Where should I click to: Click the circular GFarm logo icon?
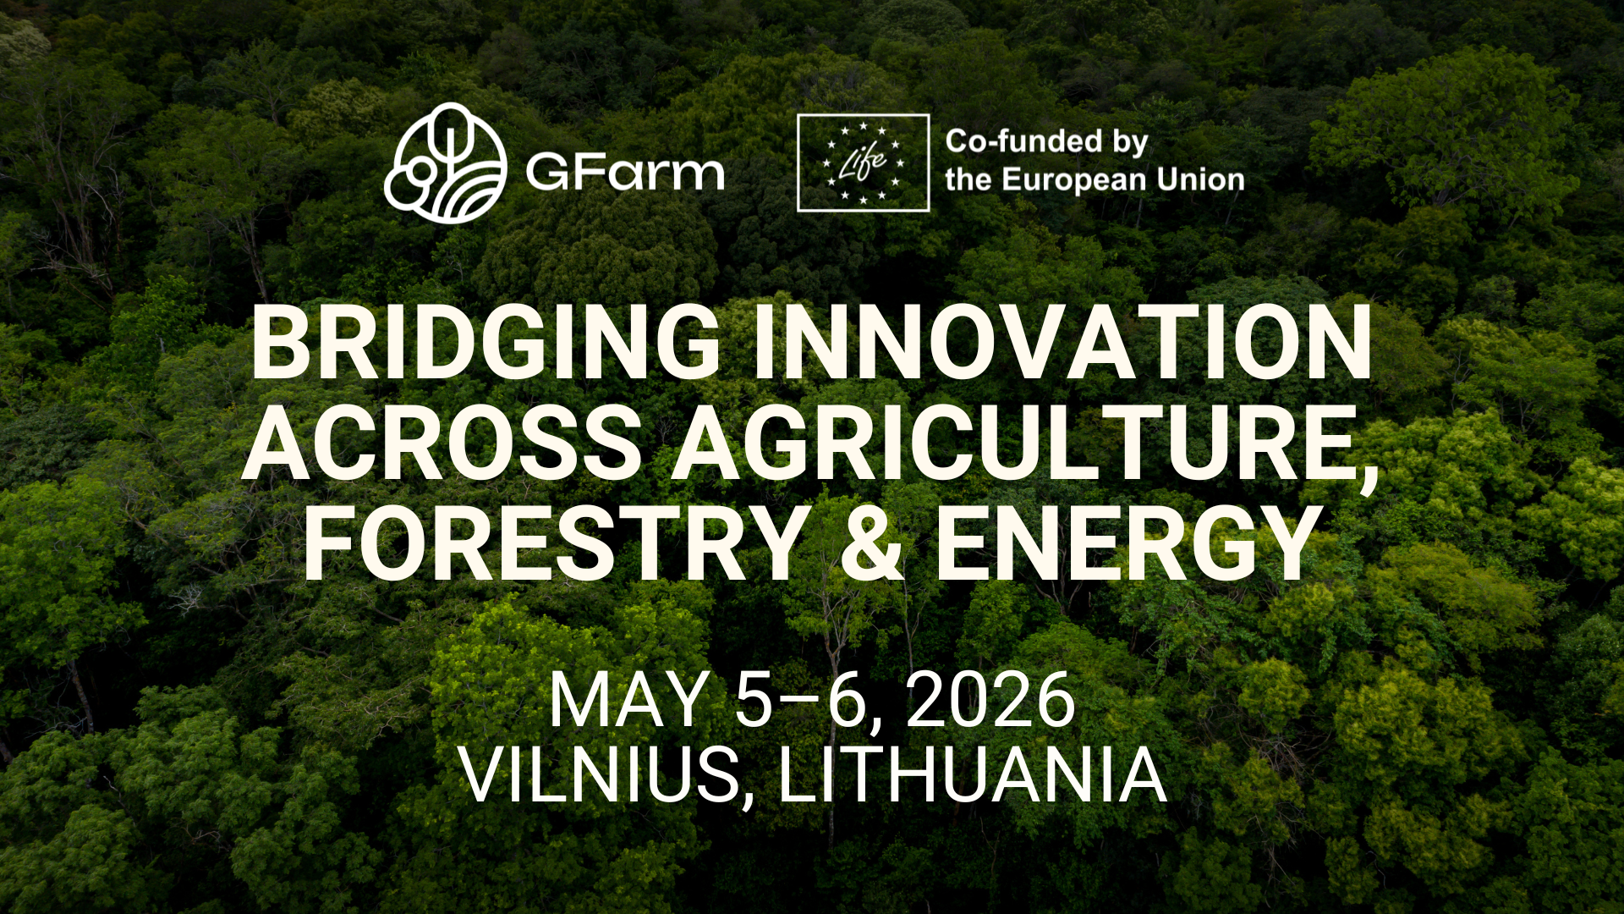click(446, 163)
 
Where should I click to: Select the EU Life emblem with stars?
click(864, 162)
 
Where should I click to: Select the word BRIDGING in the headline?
click(486, 343)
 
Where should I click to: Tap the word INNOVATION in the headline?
click(1063, 343)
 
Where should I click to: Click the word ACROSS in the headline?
click(442, 443)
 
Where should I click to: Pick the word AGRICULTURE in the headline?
click(1015, 443)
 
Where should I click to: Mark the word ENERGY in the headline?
click(1130, 542)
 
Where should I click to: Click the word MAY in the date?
click(628, 700)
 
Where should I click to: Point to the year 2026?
click(990, 700)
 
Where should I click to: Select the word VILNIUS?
click(601, 774)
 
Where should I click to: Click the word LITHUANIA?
click(973, 774)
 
